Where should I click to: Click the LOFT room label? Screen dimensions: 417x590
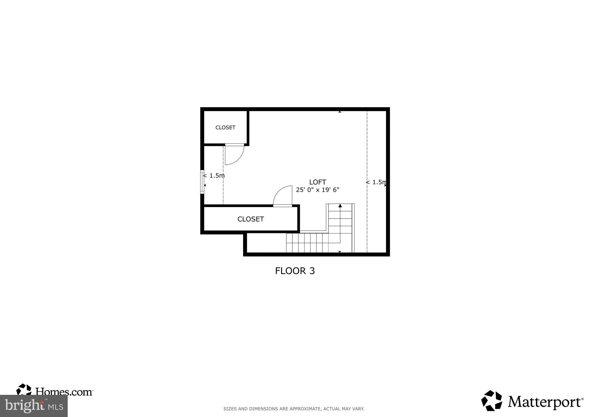point(317,182)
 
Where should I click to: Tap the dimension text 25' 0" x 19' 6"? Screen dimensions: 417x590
point(317,190)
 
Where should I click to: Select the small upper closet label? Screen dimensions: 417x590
point(225,128)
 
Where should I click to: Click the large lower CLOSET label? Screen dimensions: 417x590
point(250,219)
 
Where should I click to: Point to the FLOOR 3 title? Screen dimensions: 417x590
point(295,271)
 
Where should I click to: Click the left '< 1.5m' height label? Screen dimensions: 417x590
point(214,175)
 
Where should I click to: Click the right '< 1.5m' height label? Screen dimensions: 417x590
point(376,182)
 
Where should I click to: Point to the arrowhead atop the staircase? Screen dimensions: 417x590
point(340,206)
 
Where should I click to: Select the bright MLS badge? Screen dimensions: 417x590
point(34,406)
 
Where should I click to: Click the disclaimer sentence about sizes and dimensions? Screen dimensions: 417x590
point(294,409)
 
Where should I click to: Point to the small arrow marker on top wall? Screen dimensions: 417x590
point(340,111)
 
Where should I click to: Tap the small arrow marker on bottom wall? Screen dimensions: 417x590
point(340,252)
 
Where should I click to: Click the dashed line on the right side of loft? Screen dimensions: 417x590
point(367,150)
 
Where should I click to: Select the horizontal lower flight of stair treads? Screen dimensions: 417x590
point(307,243)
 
